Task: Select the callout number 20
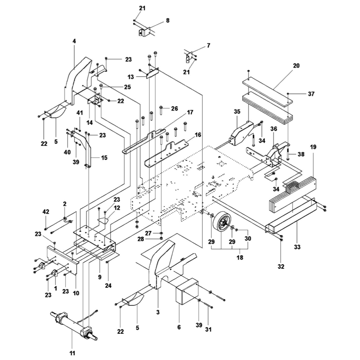296,66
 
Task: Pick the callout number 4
74,41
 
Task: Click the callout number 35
237,112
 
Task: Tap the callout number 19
313,147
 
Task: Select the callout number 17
190,112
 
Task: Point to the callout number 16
198,135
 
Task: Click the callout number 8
167,21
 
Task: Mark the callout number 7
208,46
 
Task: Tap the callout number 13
130,77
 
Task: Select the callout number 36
274,129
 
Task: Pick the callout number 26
175,108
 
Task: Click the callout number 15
94,158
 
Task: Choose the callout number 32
281,266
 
